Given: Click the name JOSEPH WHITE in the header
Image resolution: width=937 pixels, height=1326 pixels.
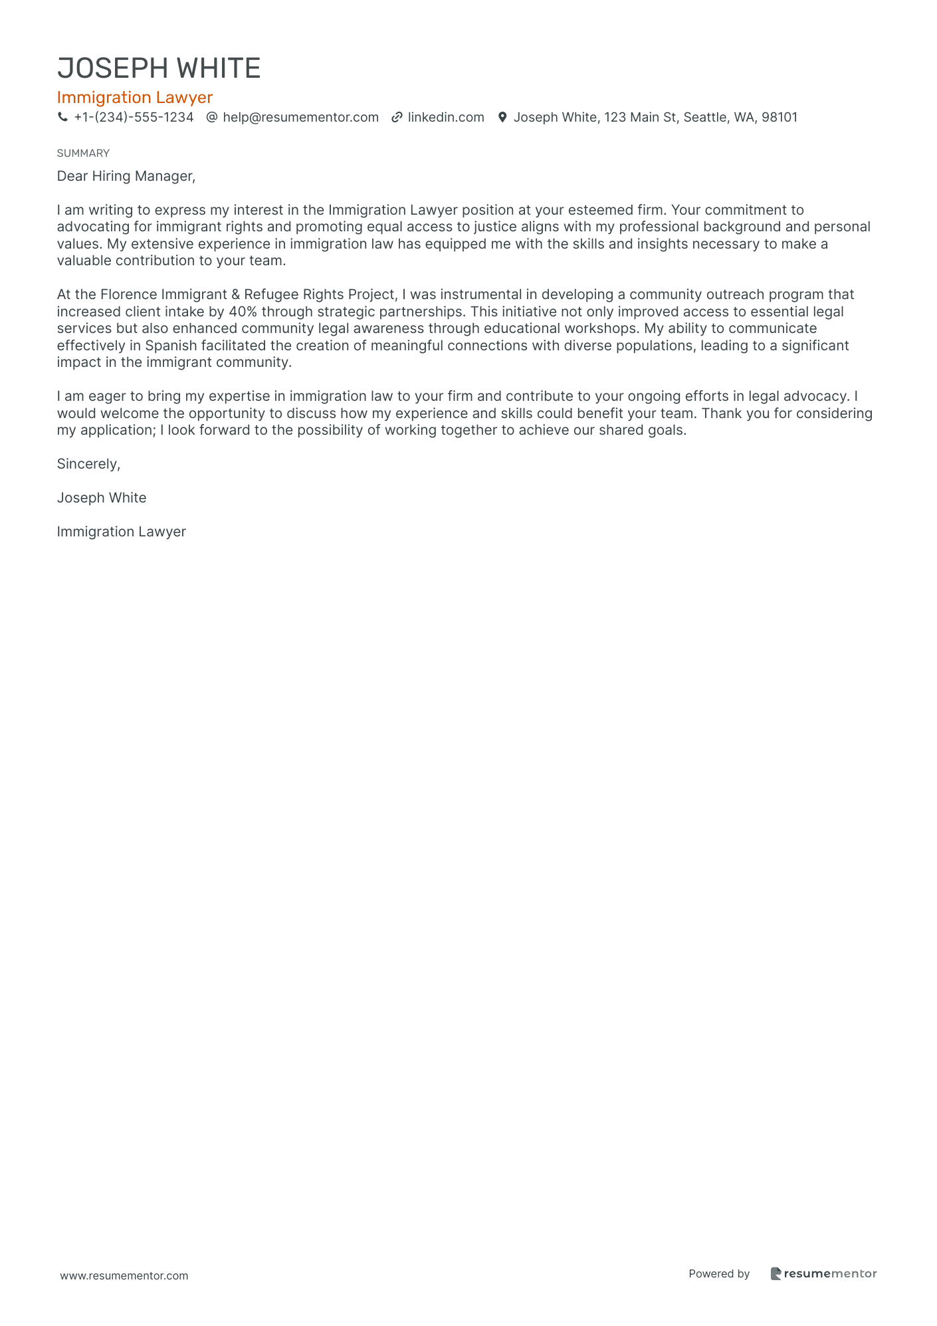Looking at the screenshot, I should point(159,68).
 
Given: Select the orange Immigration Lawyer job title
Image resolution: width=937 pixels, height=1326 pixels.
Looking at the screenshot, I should point(134,98).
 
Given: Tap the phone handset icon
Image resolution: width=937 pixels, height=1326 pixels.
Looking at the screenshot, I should point(63,118).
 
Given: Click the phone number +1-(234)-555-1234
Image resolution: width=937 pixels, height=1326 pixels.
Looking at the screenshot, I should point(134,118).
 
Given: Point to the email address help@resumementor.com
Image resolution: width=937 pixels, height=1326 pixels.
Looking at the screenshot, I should point(300,118).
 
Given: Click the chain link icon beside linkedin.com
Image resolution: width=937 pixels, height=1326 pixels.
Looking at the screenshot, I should point(397,118).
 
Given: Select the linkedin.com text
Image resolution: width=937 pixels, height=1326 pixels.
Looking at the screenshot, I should point(446,118).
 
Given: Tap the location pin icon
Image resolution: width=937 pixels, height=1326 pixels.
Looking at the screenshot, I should point(502,118).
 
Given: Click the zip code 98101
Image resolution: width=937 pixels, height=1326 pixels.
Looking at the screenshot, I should point(780,118).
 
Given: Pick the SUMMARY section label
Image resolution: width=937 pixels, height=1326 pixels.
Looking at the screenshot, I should point(83,154).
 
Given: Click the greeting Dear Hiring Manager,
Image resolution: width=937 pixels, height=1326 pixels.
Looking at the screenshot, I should point(126,176).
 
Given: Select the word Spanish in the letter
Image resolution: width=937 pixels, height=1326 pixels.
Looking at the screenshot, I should point(171,346).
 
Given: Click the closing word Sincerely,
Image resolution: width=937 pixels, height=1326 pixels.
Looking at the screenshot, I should point(88,464).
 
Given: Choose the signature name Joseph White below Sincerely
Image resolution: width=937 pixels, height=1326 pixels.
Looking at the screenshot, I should point(102,498).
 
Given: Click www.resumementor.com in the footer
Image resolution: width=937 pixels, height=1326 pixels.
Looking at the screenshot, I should point(124,1275).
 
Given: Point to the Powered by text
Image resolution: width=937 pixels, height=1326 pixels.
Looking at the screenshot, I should point(719,1273).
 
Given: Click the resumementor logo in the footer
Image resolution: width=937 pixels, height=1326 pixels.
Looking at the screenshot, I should point(823,1273).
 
